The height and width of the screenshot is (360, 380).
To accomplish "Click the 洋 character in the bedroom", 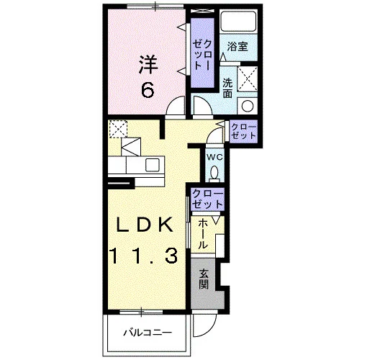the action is (x=148, y=65).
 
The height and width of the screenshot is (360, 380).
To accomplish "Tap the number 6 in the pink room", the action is (x=148, y=90).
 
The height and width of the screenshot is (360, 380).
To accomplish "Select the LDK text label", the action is (x=145, y=225).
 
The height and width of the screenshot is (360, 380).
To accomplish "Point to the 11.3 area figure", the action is (x=145, y=256).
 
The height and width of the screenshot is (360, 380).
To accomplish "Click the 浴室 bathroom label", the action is (x=237, y=46).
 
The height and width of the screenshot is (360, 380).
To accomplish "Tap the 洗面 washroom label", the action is (x=227, y=88).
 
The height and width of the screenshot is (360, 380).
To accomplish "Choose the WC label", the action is (x=214, y=158).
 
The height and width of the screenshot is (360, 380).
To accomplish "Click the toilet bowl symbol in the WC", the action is (x=214, y=173).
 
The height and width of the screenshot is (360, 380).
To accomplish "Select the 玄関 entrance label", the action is (x=204, y=279).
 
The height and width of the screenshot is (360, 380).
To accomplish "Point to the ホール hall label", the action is (x=203, y=235).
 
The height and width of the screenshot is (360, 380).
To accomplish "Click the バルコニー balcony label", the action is (x=148, y=333).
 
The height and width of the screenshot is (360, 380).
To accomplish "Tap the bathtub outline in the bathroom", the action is (x=238, y=21).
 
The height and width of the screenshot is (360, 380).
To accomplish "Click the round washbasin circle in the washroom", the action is (x=248, y=106).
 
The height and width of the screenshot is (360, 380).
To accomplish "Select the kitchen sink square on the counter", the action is (x=152, y=165).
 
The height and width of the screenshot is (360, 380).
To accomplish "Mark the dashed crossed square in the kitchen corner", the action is (x=118, y=129).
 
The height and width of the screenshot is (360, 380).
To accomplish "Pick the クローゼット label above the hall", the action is (x=207, y=199).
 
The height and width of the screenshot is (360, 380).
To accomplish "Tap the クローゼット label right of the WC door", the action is (x=243, y=131).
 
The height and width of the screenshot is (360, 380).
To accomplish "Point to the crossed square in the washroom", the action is (x=247, y=78).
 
